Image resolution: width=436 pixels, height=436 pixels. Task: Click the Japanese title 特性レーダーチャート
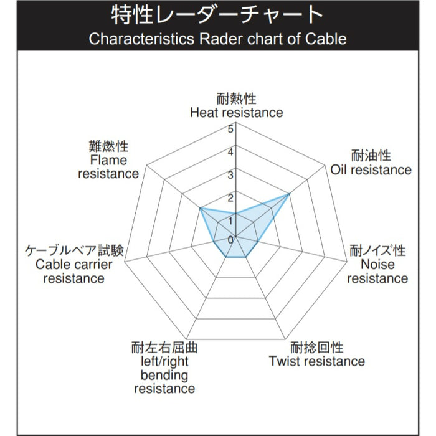pyautogui.click(x=217, y=14)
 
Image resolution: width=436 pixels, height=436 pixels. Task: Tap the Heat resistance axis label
pyautogui.click(x=236, y=107)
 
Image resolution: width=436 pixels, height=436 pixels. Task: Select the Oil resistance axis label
pyautogui.click(x=371, y=163)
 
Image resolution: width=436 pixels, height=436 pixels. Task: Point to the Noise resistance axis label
pyautogui.click(x=377, y=265)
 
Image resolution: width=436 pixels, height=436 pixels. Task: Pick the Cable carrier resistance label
pyautogui.click(x=73, y=265)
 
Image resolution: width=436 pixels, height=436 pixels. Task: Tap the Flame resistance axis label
pyautogui.click(x=108, y=160)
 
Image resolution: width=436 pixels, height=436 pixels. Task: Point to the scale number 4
pyautogui.click(x=231, y=152)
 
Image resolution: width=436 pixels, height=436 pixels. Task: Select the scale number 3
pyautogui.click(x=231, y=175)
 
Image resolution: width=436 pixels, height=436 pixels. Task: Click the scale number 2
pyautogui.click(x=231, y=198)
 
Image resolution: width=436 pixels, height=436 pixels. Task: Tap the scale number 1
pyautogui.click(x=231, y=219)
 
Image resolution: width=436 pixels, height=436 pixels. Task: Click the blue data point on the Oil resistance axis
pyautogui.click(x=289, y=195)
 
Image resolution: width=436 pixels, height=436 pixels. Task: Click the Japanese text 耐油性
pyautogui.click(x=371, y=155)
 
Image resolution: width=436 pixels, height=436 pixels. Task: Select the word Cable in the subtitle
pyautogui.click(x=324, y=39)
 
